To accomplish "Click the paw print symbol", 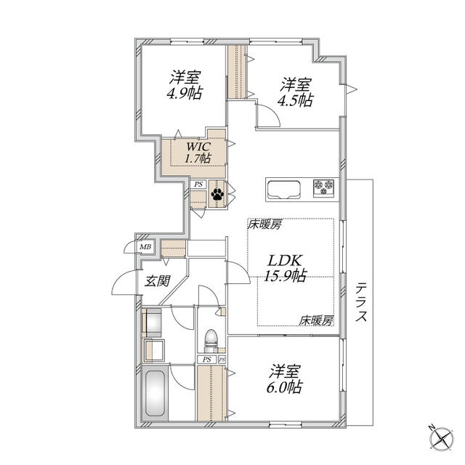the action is (217, 194).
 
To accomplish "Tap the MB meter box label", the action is (145, 247).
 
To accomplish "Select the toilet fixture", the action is (211, 339).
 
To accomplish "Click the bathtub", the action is (155, 394).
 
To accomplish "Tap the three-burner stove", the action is (324, 188).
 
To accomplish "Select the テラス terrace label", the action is (361, 302).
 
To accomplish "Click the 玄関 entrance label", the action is (157, 280).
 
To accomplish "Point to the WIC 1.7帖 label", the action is (198, 153).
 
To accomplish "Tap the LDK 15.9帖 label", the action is (285, 268).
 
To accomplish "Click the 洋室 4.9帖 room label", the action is (185, 85).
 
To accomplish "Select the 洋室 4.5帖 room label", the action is (296, 92).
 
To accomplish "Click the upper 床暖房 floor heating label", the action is (264, 225).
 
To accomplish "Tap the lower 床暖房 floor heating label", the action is (316, 320).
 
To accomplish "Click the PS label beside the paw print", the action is (198, 184).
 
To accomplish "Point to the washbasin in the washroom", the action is (155, 350).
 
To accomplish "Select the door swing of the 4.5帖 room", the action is (268, 116).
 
